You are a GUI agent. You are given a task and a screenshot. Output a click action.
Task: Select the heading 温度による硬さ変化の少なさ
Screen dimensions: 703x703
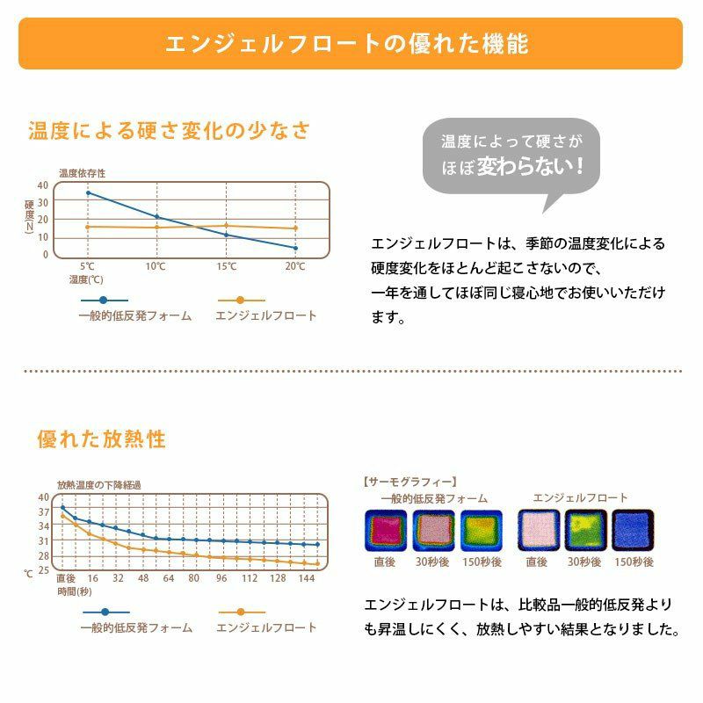point(170,132)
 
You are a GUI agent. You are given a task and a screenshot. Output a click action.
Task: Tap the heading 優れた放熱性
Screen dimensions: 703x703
point(101,438)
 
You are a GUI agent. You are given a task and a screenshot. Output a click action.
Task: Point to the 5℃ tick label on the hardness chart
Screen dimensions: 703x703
point(88,266)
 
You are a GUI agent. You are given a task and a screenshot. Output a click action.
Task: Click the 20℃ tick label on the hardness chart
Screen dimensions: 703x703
point(295,266)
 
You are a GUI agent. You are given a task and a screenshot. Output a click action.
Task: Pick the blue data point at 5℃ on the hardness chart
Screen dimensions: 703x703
point(88,192)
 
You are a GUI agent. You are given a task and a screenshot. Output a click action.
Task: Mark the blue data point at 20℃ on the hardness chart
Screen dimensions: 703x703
point(295,248)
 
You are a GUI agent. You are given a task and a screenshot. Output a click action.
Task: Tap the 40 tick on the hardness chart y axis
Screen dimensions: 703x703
point(43,185)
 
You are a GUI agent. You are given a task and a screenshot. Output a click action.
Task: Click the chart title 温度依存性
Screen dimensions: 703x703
point(82,173)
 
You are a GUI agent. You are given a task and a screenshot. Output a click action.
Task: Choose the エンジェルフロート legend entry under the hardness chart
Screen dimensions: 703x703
point(265,315)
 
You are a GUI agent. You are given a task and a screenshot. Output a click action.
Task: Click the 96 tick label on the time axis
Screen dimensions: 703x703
point(221,578)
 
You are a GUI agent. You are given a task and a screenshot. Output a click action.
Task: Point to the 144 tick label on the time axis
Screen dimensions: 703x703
point(306,578)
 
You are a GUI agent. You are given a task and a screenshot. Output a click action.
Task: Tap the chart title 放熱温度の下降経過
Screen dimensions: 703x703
point(98,484)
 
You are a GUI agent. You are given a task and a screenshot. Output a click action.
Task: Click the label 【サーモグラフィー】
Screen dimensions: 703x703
point(409,482)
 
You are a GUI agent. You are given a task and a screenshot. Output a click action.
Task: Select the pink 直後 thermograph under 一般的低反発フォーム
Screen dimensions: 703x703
point(384,530)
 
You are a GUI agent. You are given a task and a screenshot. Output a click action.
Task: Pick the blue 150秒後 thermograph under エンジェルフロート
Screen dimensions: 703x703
point(634,530)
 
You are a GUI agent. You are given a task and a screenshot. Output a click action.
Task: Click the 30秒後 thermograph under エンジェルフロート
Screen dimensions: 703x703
point(584,530)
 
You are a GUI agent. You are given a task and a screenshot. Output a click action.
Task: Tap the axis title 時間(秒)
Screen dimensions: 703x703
point(74,592)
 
